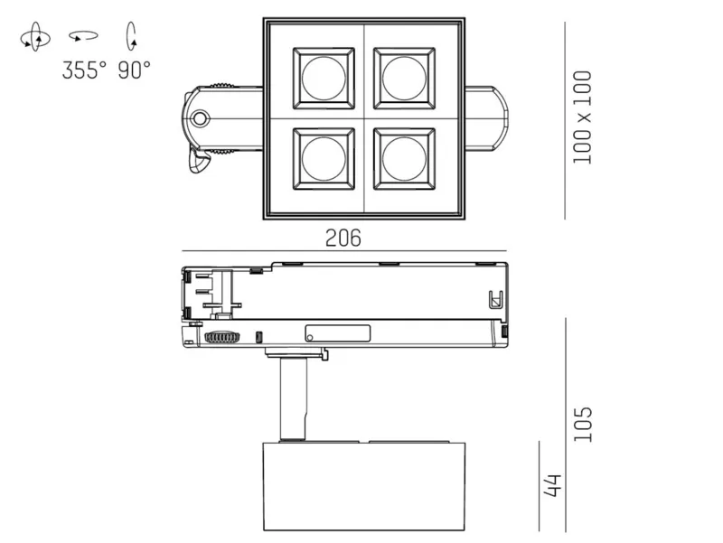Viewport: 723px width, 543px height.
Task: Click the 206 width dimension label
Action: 343,238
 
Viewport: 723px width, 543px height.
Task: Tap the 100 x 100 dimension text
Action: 582,117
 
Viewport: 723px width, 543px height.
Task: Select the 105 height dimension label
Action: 582,424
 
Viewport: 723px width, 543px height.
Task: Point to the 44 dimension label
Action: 552,485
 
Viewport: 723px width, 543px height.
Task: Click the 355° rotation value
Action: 84,70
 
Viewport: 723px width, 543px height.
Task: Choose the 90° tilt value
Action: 134,70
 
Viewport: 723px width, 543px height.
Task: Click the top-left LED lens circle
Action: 324,78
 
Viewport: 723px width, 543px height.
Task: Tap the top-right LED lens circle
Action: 404,78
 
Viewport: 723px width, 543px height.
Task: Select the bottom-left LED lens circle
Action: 324,159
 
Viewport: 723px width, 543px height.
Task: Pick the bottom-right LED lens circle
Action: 404,159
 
